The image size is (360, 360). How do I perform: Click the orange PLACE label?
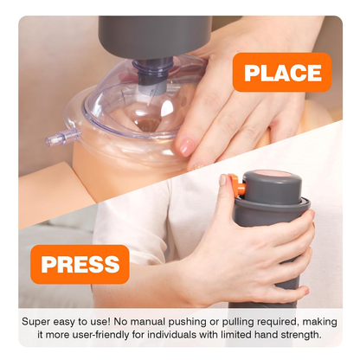[282, 73]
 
